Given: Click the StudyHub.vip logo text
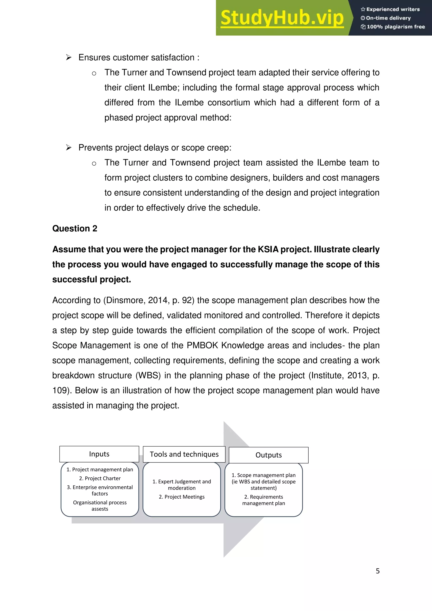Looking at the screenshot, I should click(282, 18).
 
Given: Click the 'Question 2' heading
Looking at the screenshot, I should click(75, 228).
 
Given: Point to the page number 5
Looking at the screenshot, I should click(377, 571).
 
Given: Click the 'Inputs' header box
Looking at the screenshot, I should click(99, 454).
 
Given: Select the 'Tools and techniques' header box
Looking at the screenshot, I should click(184, 454).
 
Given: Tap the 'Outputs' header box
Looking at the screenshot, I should click(268, 455).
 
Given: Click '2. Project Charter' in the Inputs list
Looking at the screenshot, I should click(100, 479).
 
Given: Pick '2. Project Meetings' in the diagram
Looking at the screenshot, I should click(182, 497).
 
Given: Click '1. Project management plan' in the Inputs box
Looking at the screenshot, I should click(100, 469).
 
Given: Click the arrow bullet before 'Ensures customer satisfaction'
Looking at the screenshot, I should click(69, 57).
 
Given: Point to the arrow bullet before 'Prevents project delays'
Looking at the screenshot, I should click(69, 148).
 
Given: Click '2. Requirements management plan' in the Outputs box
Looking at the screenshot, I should click(263, 500).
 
